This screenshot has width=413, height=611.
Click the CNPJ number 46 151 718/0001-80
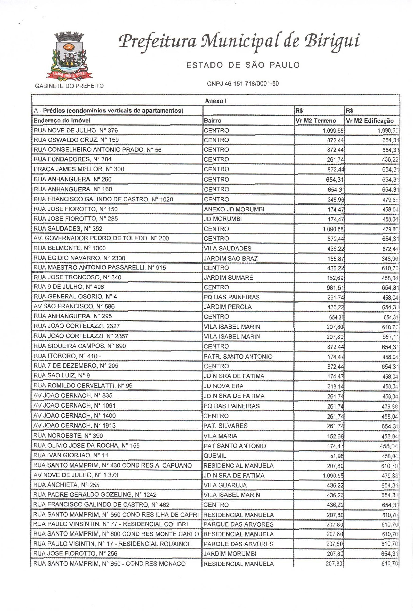click(243, 84)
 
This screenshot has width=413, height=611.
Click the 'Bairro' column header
click(212, 121)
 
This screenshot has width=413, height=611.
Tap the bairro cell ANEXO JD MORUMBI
click(234, 209)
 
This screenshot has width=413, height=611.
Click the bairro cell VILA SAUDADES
click(227, 248)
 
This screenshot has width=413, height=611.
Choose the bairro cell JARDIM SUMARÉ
click(228, 278)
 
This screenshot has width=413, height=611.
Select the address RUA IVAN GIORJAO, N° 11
click(71, 455)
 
